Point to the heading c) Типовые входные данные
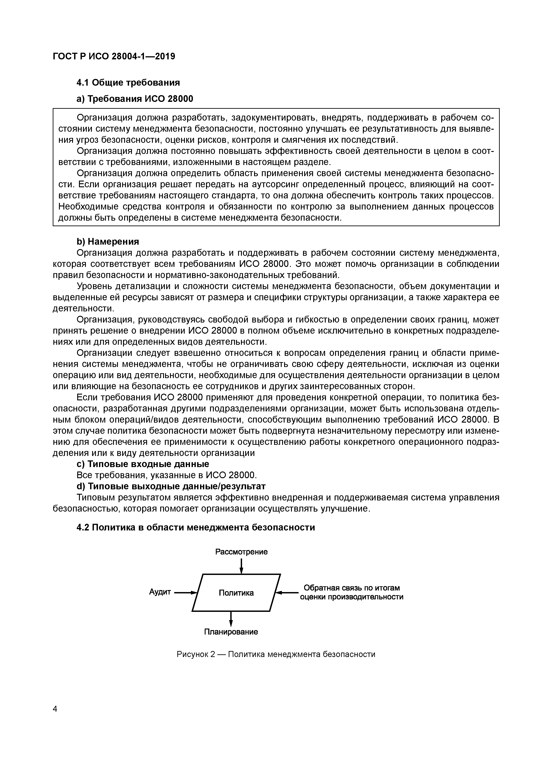pos(143,464)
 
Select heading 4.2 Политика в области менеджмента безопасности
pos(196,527)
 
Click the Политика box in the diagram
pos(236,593)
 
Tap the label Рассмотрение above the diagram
pos(241,552)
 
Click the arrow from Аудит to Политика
pos(186,593)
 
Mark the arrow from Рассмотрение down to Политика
pos(241,566)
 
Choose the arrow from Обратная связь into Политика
pos(287,593)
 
